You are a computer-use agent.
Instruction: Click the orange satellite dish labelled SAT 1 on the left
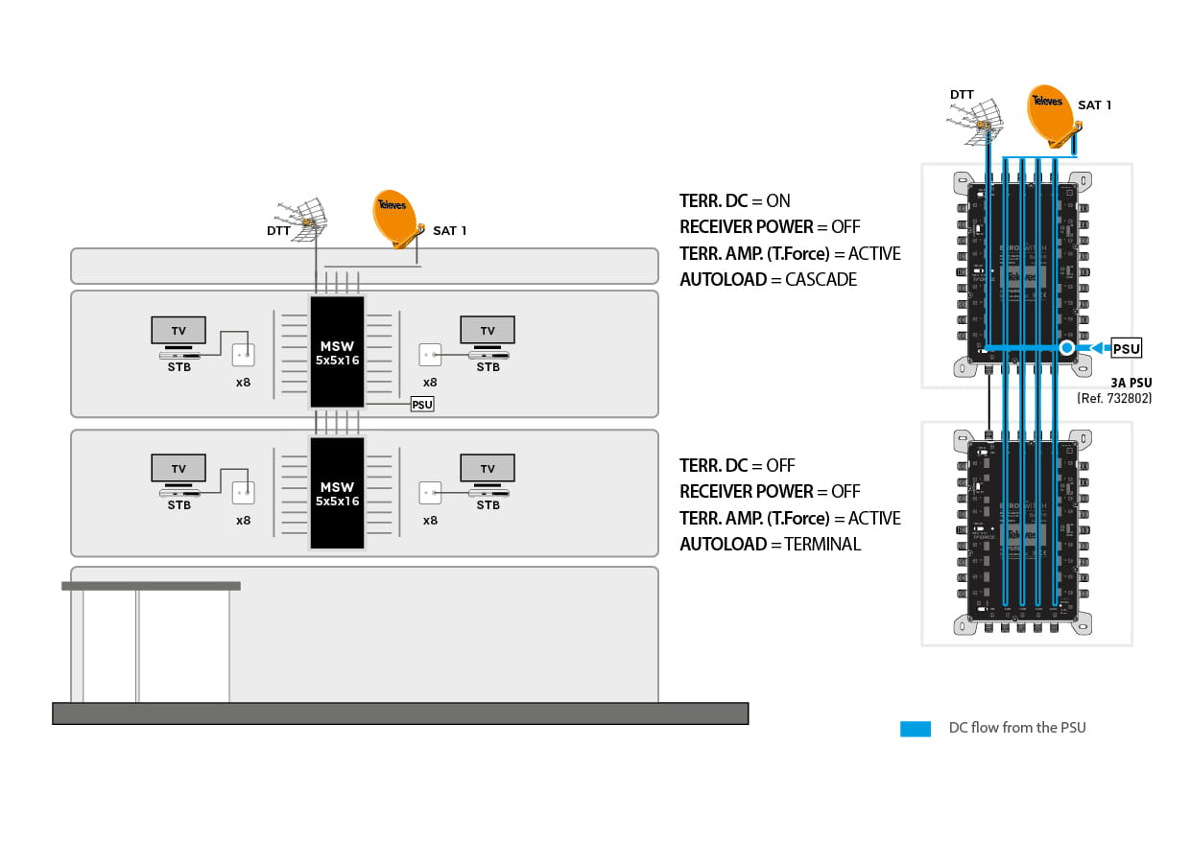pyautogui.click(x=393, y=216)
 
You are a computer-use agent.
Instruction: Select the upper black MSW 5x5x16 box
pyautogui.click(x=337, y=352)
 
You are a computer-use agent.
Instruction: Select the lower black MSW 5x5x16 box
pyautogui.click(x=337, y=493)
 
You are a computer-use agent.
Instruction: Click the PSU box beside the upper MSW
pyautogui.click(x=422, y=405)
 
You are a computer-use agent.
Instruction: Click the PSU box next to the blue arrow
pyautogui.click(x=1126, y=348)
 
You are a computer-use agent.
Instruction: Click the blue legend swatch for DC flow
pyautogui.click(x=916, y=729)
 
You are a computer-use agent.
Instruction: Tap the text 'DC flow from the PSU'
pyautogui.click(x=1017, y=728)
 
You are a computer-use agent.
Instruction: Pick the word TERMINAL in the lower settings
pyautogui.click(x=822, y=545)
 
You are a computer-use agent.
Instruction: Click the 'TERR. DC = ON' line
pyautogui.click(x=735, y=201)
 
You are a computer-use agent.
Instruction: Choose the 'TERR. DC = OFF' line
pyautogui.click(x=737, y=466)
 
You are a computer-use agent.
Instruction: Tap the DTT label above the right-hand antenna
pyautogui.click(x=962, y=95)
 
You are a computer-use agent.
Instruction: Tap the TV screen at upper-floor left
pyautogui.click(x=178, y=330)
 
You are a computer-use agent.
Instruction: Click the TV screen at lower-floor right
pyautogui.click(x=488, y=468)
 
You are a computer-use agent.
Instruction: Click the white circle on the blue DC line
pyautogui.click(x=1067, y=347)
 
